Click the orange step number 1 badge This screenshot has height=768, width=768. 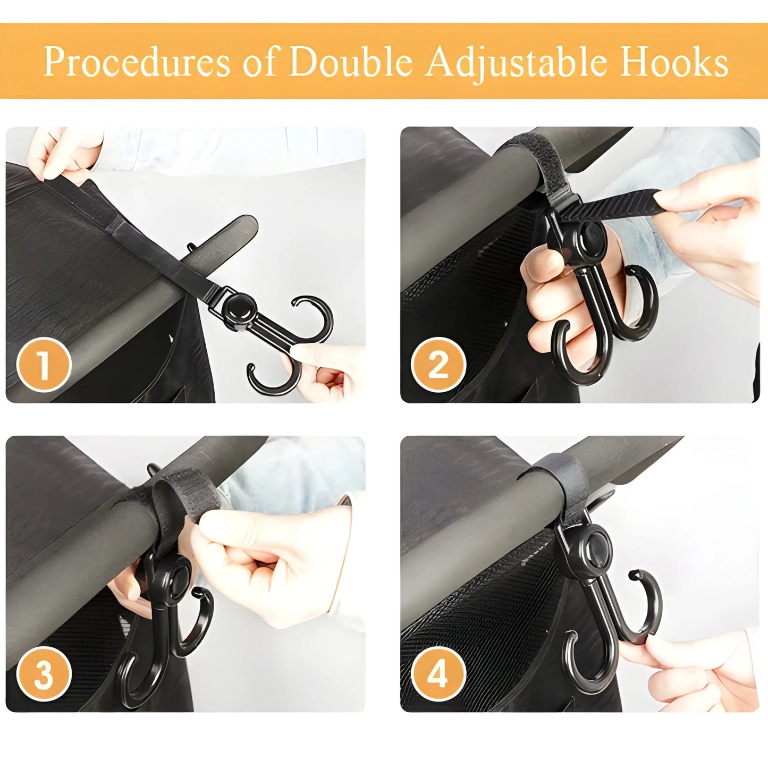44,365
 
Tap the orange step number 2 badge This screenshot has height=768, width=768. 438,365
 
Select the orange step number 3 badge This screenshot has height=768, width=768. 44,674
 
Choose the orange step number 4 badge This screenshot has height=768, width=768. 438,674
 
